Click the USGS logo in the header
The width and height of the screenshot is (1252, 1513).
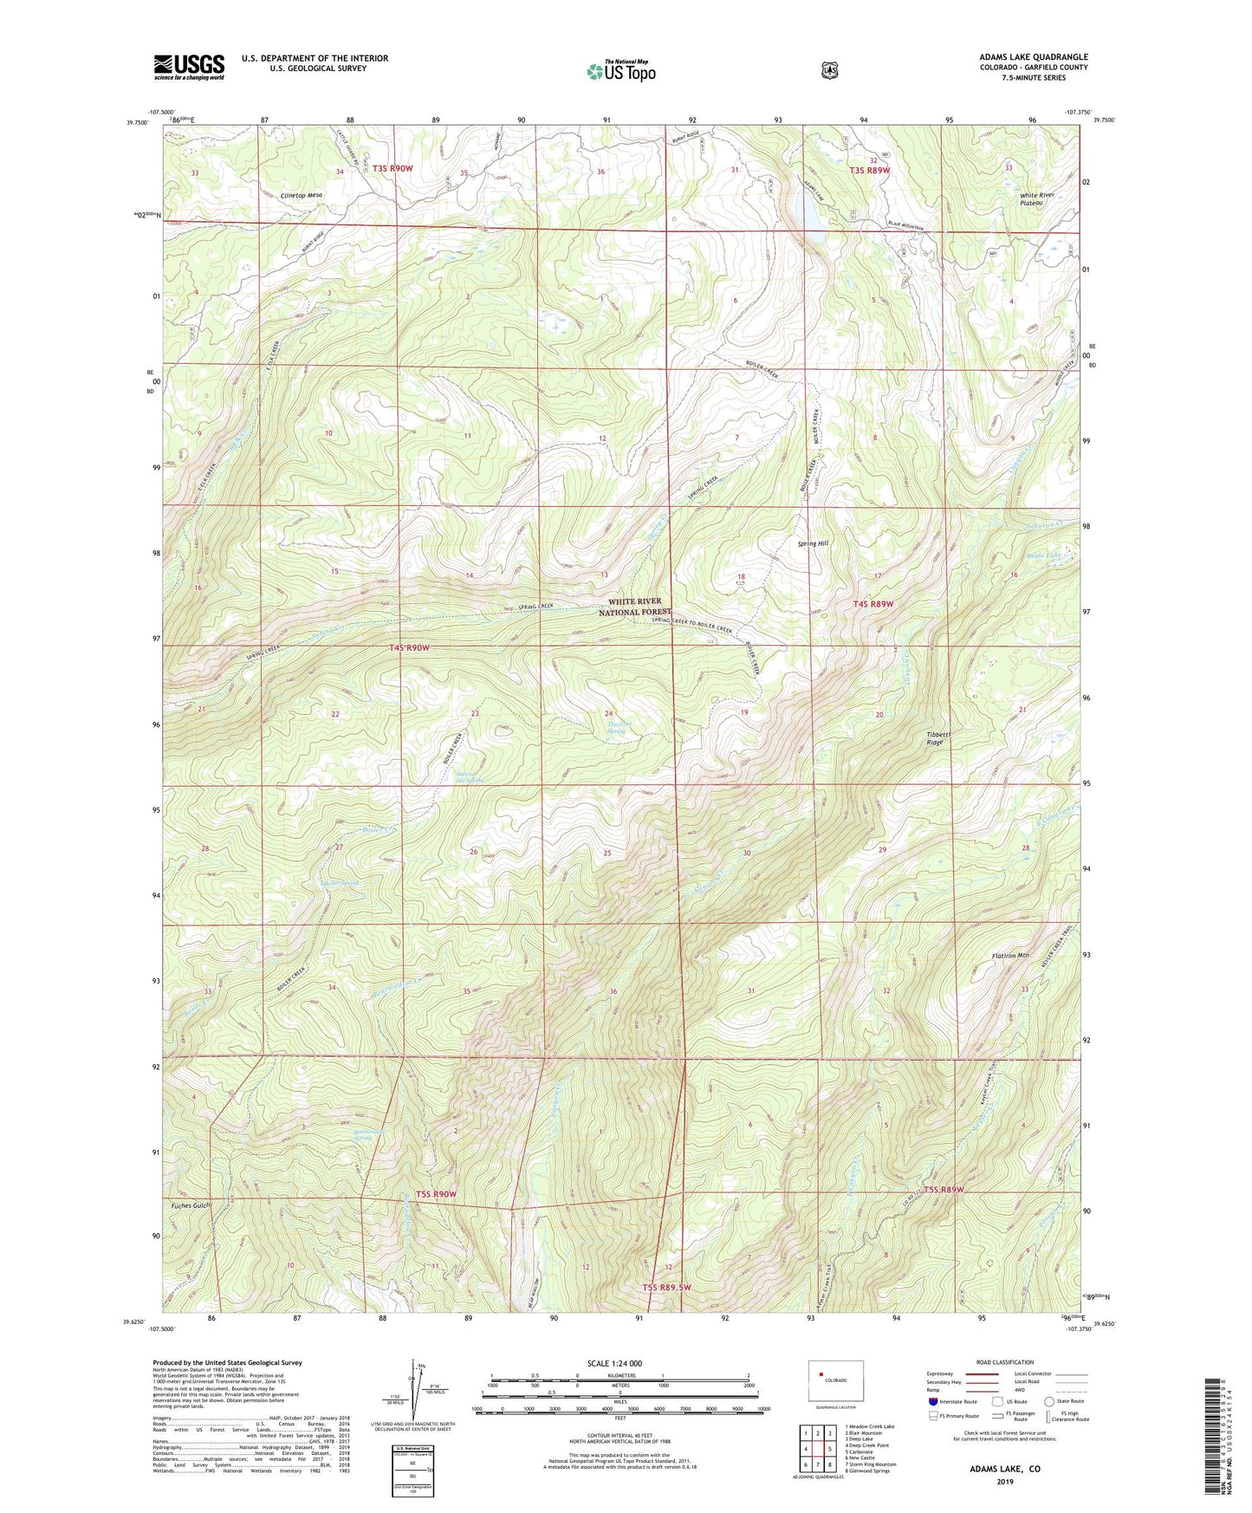[x=189, y=66]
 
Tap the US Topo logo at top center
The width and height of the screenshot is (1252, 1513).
[x=620, y=71]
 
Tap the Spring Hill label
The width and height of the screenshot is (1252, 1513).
[x=813, y=543]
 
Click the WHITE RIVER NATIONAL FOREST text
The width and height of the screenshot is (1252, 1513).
[x=635, y=606]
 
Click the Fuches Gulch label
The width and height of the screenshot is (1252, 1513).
[x=190, y=1205]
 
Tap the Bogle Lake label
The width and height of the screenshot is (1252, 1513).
[x=1041, y=555]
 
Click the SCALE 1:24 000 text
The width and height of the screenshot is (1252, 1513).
[x=614, y=1363]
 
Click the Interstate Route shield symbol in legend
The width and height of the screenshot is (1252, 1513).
[x=932, y=1401]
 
